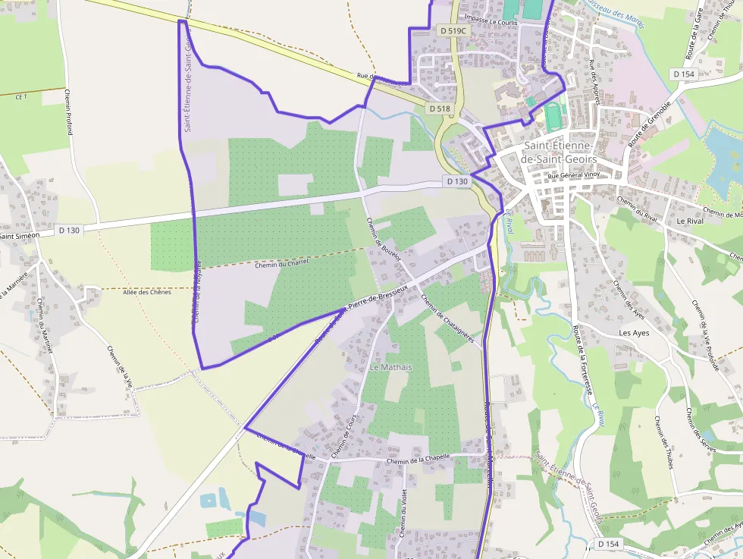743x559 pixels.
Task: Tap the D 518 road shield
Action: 440,108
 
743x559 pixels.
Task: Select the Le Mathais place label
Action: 391,367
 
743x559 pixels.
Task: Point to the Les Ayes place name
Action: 634,333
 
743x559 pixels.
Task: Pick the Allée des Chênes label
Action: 146,292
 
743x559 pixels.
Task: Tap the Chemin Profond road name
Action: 68,111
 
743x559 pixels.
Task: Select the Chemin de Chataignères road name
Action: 447,319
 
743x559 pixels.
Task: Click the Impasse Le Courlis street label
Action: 492,23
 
